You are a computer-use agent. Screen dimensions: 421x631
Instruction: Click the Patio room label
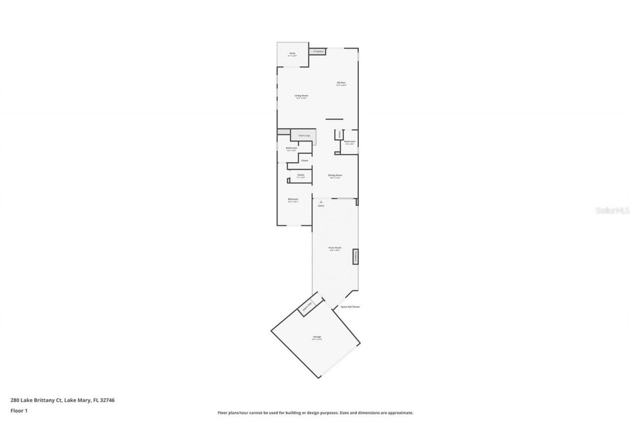pyautogui.click(x=292, y=54)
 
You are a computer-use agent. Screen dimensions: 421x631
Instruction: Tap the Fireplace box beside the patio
pyautogui.click(x=318, y=51)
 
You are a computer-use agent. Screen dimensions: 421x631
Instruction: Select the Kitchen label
pyautogui.click(x=341, y=83)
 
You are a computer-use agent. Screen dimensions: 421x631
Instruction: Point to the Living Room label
pyautogui.click(x=301, y=96)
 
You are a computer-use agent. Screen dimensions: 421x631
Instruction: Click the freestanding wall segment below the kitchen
pyautogui.click(x=334, y=119)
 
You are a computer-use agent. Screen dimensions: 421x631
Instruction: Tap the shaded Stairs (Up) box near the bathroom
pyautogui.click(x=303, y=136)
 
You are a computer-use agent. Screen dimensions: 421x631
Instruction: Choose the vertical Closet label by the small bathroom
pyautogui.click(x=339, y=135)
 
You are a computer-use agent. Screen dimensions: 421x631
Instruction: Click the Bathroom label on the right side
pyautogui.click(x=350, y=142)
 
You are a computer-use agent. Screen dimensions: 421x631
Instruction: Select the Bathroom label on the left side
pyautogui.click(x=291, y=149)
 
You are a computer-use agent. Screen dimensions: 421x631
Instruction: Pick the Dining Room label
pyautogui.click(x=335, y=176)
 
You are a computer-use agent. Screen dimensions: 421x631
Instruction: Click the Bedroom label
pyautogui.click(x=293, y=200)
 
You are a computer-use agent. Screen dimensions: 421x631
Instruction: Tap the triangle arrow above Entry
pyautogui.click(x=321, y=202)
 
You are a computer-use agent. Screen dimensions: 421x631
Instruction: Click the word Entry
pyautogui.click(x=321, y=206)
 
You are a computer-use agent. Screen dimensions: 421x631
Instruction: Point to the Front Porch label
pyautogui.click(x=335, y=249)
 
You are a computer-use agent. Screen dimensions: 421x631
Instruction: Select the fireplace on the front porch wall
pyautogui.click(x=355, y=256)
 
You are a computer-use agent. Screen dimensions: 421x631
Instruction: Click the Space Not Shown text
pyautogui.click(x=350, y=307)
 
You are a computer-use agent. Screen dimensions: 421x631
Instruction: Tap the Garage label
pyautogui.click(x=317, y=338)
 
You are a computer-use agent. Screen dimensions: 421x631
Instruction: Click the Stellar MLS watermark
pyautogui.click(x=612, y=210)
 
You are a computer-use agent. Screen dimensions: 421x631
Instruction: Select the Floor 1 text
pyautogui.click(x=19, y=410)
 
